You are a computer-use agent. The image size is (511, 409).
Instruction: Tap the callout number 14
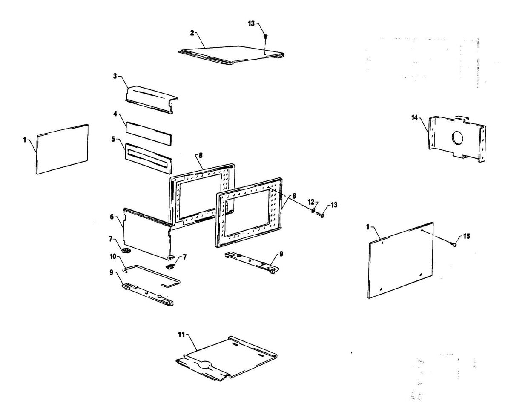pyautogui.click(x=415, y=118)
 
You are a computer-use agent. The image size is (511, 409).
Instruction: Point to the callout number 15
pyautogui.click(x=467, y=236)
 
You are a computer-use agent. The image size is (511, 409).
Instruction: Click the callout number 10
pyautogui.click(x=113, y=256)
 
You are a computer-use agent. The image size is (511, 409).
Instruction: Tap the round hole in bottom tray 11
pyautogui.click(x=206, y=364)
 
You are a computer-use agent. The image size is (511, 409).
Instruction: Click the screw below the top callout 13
pyautogui.click(x=264, y=38)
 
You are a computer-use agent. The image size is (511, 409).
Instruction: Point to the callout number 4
pyautogui.click(x=115, y=114)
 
